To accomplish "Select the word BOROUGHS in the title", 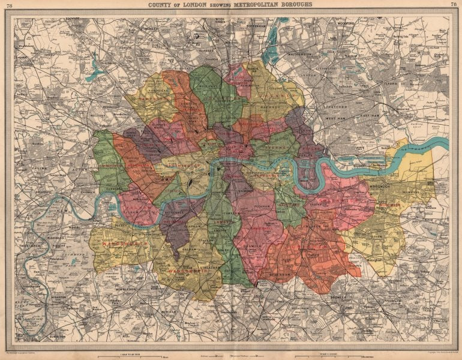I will click(292, 5).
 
